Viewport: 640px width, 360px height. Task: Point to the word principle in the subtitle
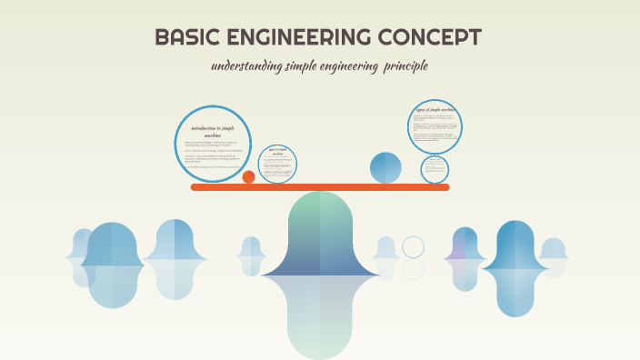point(404,66)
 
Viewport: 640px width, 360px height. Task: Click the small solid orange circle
point(248,177)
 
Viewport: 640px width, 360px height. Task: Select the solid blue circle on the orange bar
point(385,168)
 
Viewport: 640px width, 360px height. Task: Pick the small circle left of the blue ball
point(277,164)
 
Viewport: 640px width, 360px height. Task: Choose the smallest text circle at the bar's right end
point(435,169)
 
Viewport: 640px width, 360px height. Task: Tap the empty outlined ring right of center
point(414,247)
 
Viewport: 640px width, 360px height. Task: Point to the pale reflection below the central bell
point(320,314)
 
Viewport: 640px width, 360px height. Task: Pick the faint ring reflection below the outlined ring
point(414,270)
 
